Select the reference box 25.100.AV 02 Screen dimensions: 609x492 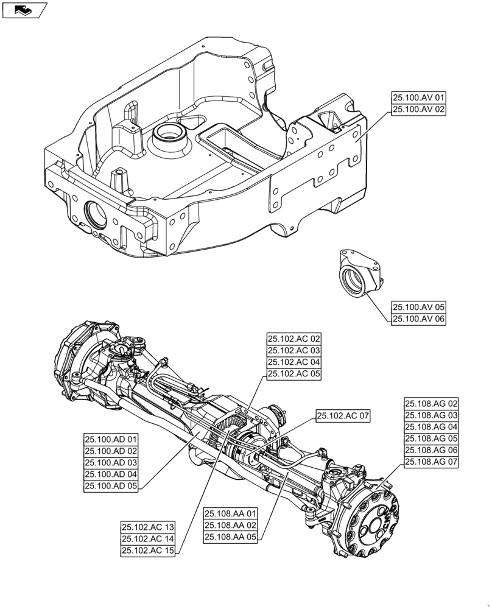tap(419, 110)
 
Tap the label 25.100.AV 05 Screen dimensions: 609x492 tap(419, 308)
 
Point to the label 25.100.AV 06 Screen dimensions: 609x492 tap(419, 319)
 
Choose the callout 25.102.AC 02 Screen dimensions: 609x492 tap(293, 339)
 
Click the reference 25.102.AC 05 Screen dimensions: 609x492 tap(293, 374)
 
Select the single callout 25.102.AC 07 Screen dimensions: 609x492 tap(343, 416)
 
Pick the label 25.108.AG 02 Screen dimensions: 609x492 tap(431, 404)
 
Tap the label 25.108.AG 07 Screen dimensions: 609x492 tap(431, 462)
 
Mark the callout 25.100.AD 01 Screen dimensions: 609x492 tap(111, 439)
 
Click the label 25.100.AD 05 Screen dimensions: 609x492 tap(111, 485)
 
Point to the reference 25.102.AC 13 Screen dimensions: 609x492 tap(148, 527)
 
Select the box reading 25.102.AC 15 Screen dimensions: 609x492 tap(148, 551)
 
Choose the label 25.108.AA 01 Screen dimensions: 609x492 tap(231, 513)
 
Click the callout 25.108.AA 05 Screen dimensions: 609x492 tap(231, 537)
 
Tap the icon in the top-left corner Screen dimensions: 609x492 tap(24, 9)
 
